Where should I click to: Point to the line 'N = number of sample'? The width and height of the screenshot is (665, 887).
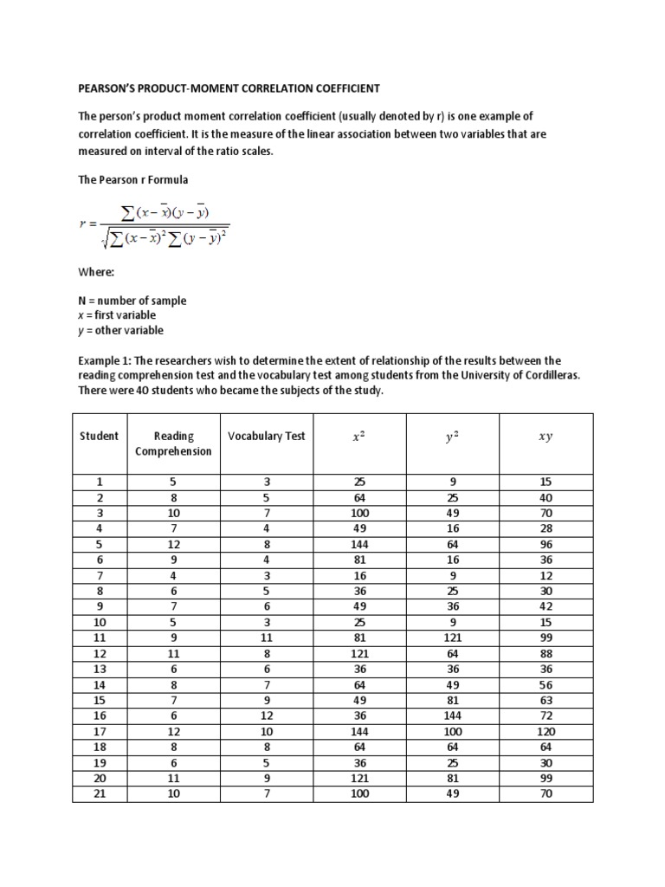click(x=132, y=301)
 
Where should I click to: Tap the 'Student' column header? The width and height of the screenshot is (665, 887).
click(x=99, y=436)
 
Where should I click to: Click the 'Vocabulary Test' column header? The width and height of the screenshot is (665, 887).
click(x=266, y=436)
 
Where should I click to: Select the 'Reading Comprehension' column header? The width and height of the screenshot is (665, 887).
click(x=173, y=443)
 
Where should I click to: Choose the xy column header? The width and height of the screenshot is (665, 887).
click(x=545, y=437)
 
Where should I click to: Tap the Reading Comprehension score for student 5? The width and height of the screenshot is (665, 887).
click(x=173, y=545)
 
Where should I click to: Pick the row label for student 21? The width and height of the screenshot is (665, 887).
click(x=99, y=793)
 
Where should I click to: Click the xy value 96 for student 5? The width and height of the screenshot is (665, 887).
click(x=545, y=545)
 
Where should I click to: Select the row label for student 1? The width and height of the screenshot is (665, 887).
click(x=99, y=482)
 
